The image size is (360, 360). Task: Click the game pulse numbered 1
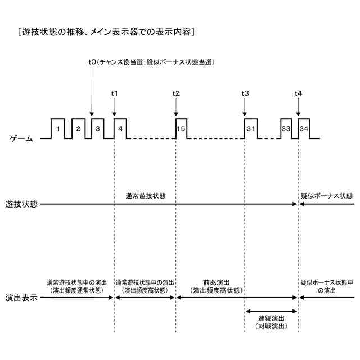click(x=58, y=129)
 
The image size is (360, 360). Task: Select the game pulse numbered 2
click(x=78, y=129)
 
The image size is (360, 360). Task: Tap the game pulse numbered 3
click(x=98, y=129)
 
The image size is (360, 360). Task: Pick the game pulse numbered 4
click(x=120, y=129)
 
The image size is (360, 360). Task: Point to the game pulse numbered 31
click(x=250, y=129)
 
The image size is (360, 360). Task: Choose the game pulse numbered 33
click(x=286, y=129)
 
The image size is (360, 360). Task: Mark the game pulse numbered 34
click(x=304, y=129)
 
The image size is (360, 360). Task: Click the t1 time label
click(x=114, y=93)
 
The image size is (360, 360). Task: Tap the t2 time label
click(x=176, y=93)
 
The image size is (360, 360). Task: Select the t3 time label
click(x=245, y=93)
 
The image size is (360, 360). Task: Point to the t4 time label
click(x=298, y=93)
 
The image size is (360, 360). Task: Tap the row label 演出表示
click(x=21, y=298)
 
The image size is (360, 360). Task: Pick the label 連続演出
click(x=271, y=318)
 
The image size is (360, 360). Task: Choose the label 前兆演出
click(x=218, y=282)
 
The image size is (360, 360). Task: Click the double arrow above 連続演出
click(x=271, y=310)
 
